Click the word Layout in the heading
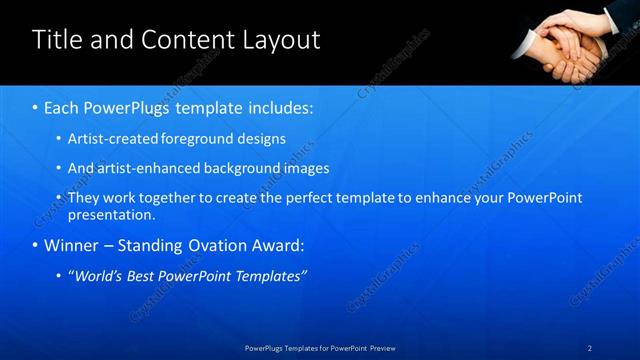(279, 40)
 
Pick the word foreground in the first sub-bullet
(190, 138)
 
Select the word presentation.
(110, 214)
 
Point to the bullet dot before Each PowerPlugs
(36, 107)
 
